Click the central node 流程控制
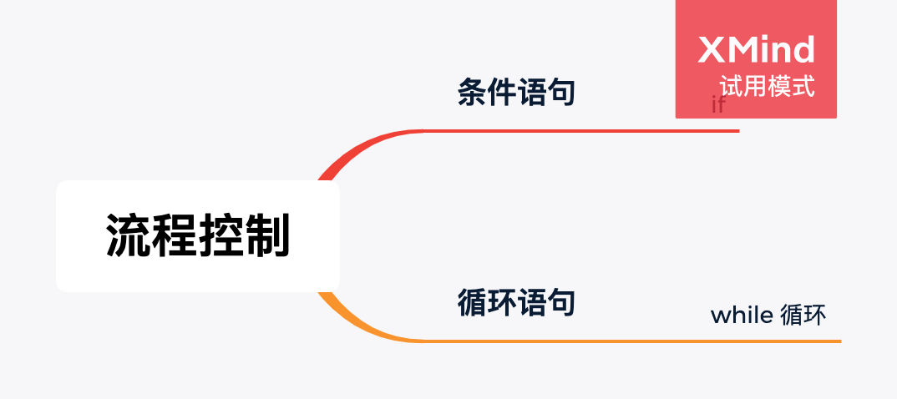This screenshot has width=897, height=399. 198,236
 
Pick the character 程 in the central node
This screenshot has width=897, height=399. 175,236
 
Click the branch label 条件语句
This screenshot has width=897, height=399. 516,92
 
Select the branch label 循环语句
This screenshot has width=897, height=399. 516,302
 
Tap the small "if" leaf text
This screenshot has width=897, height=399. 717,105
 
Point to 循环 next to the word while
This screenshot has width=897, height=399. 803,316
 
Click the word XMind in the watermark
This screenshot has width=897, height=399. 756,50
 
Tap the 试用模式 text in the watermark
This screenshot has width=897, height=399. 766,86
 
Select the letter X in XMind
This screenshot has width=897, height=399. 712,50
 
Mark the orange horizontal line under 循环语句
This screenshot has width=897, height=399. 626,341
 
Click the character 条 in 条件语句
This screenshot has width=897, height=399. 472,92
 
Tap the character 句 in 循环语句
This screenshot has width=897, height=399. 561,302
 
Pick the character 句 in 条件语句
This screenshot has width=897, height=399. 561,92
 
